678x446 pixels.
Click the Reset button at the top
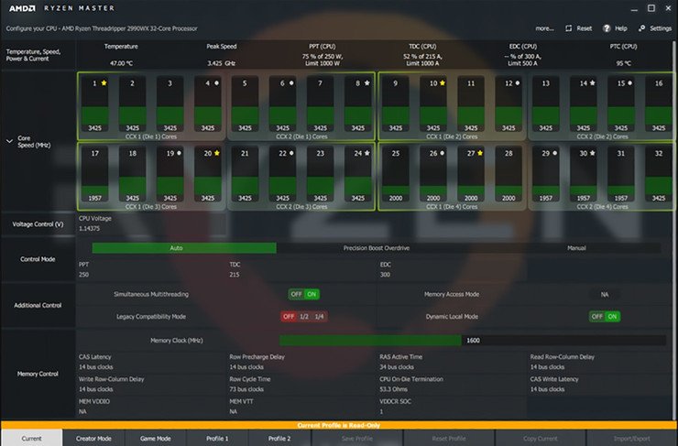579,28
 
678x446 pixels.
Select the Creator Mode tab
93,439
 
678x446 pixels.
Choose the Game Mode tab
156,439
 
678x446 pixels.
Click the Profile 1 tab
217,439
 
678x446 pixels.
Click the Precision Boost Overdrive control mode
376,247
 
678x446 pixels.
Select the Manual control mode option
575,247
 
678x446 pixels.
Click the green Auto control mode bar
177,247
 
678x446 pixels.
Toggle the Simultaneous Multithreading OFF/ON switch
303,294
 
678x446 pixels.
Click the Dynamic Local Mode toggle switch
604,316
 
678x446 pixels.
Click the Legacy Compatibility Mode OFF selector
288,316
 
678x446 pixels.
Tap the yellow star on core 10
443,83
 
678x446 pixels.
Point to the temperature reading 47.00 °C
122,63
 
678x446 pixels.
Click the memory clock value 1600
473,340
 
